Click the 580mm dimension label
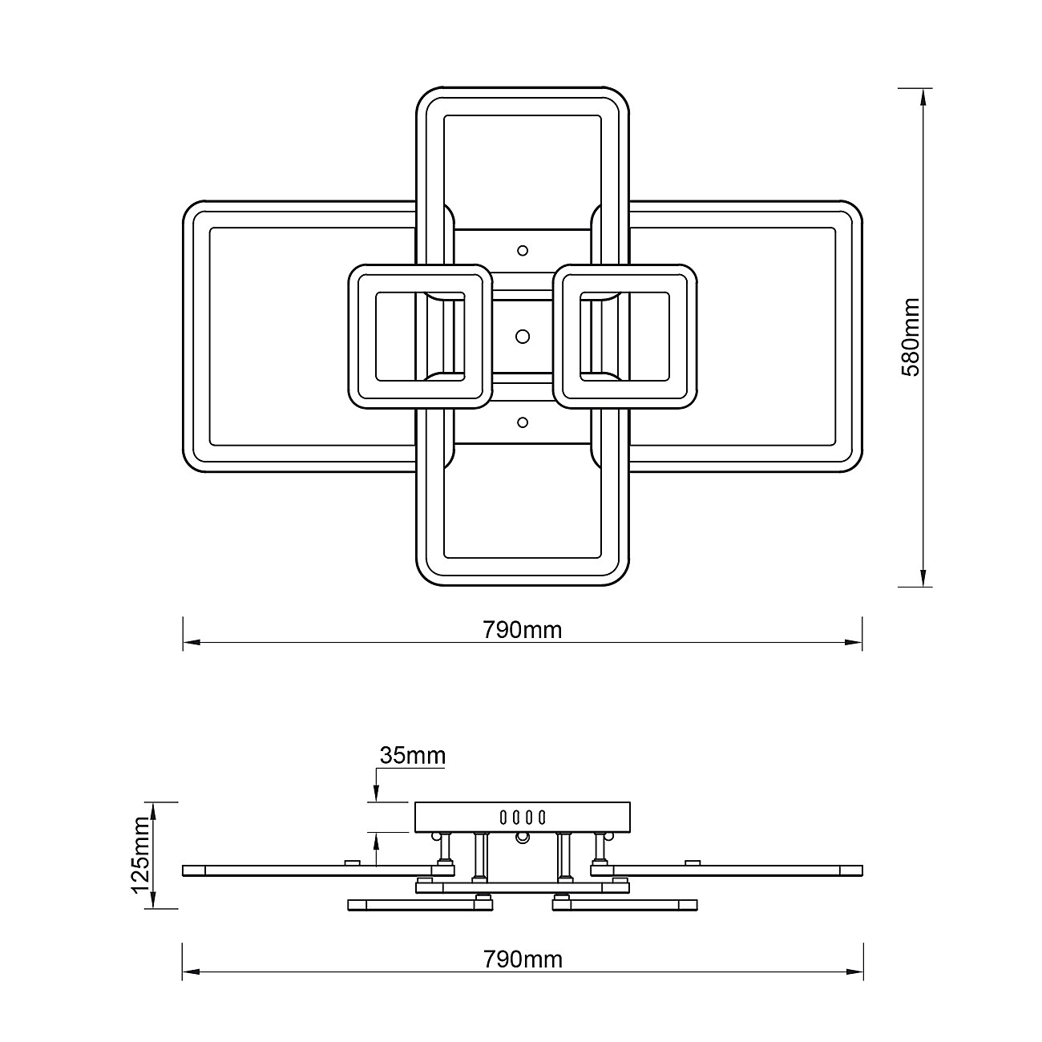pos(911,337)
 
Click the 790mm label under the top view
pos(523,630)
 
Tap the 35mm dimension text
pos(413,755)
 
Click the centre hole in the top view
pos(523,337)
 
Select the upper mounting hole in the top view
pos(523,250)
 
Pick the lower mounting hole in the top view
pos(523,422)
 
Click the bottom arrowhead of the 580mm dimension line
pos(923,578)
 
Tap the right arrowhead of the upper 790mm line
pos(854,642)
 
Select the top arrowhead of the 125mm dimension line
pos(154,810)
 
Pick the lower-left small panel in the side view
pos(420,905)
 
